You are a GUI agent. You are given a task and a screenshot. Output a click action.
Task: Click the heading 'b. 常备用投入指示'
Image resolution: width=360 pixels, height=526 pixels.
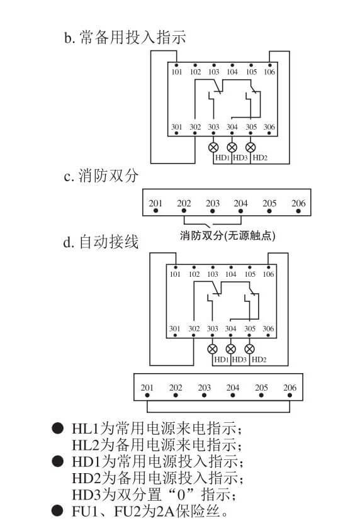point(125,37)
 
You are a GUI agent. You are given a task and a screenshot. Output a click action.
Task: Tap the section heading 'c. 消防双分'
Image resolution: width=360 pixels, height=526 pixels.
point(101,176)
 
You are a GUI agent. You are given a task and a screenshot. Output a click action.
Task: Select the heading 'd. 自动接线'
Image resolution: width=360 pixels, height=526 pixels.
point(101,242)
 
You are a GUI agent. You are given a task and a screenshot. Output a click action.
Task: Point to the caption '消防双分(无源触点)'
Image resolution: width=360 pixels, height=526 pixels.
point(227,236)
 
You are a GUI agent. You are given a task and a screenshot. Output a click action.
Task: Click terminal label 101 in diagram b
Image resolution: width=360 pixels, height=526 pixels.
point(176,72)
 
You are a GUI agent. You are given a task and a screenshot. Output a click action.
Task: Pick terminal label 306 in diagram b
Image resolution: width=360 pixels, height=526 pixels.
point(269,127)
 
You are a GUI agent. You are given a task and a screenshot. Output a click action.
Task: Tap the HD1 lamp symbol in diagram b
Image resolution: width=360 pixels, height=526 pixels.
point(213,147)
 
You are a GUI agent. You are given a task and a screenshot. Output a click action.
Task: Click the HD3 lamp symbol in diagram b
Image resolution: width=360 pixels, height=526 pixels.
point(232,147)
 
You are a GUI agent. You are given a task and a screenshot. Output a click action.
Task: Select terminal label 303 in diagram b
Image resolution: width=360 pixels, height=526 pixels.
point(213,127)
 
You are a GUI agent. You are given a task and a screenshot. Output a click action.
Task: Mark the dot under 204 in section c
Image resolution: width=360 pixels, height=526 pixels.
point(240,211)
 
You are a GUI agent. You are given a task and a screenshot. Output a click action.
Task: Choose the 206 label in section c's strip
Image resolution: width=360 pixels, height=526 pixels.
point(298,203)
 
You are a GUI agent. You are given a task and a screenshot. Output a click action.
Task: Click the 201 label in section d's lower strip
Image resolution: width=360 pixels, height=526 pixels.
point(147,388)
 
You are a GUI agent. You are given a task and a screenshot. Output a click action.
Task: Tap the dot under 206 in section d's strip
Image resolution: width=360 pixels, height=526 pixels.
point(290,395)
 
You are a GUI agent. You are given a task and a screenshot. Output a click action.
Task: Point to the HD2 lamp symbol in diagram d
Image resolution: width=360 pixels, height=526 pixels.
point(249,349)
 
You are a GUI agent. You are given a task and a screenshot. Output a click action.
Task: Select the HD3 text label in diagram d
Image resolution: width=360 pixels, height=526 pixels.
point(239,360)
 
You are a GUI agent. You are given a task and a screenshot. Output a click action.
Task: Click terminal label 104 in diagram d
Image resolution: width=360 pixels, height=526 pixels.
point(231,274)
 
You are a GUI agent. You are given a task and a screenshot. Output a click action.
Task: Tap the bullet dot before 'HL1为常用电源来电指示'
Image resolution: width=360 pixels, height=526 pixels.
point(57,428)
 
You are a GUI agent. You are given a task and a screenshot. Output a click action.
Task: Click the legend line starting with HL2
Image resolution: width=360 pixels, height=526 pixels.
point(157,445)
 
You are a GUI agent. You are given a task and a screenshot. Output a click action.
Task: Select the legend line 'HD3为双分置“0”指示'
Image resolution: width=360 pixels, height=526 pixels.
point(154,495)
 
